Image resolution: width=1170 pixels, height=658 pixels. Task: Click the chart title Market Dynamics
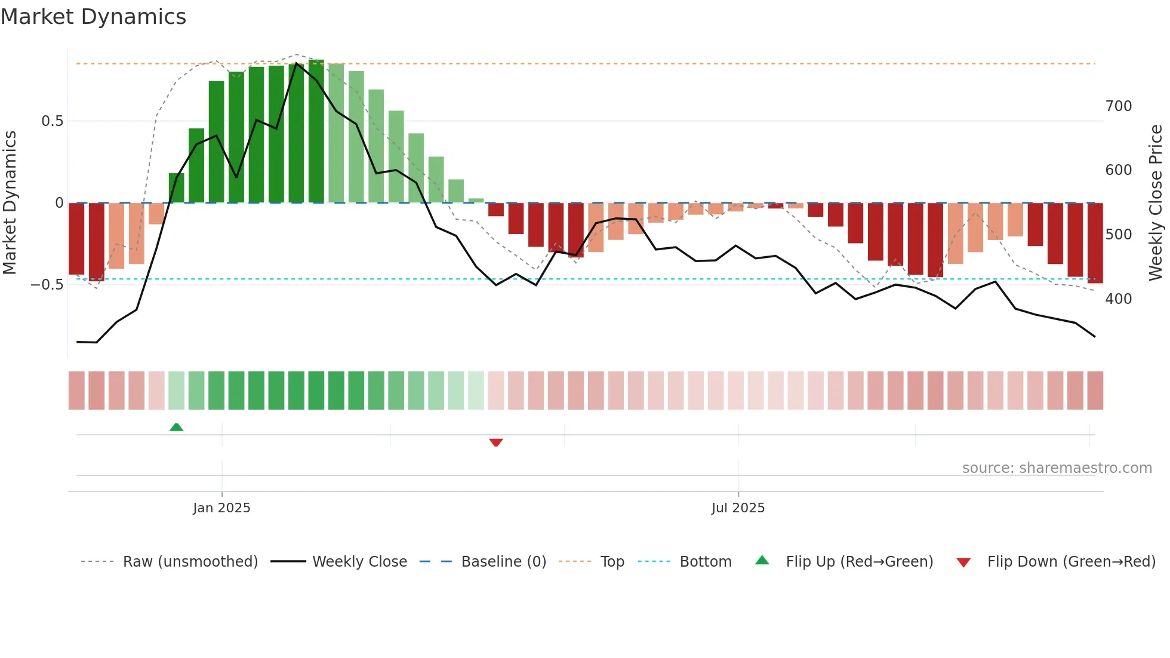[93, 17]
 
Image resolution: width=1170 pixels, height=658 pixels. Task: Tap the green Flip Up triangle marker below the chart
[176, 427]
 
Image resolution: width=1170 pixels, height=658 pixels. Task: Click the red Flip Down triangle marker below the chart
[496, 442]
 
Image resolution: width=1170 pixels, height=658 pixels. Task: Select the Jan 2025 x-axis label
[221, 508]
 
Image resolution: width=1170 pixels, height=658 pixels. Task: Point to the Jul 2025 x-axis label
[738, 508]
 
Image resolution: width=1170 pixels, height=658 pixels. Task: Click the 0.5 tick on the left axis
[52, 121]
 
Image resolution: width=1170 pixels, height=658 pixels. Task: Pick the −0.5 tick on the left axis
[47, 285]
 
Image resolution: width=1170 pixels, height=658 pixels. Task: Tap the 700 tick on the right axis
[1118, 106]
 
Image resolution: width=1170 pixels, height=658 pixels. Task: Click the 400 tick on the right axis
[1118, 299]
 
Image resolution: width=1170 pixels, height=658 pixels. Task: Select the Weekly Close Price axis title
[1156, 203]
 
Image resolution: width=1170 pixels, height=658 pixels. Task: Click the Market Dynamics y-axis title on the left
[10, 203]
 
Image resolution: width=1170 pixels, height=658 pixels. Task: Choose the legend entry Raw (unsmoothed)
[190, 562]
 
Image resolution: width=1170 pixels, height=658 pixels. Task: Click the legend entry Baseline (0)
[503, 562]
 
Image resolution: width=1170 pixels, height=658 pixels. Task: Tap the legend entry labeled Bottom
[705, 562]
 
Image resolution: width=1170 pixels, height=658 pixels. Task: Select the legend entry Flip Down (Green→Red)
[1071, 562]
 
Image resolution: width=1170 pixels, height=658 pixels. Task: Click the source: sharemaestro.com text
[1057, 468]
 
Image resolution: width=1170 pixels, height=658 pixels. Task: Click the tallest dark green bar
[316, 131]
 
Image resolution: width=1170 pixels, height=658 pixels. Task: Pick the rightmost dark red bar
[1095, 243]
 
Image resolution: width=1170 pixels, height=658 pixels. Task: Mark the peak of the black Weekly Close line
[297, 63]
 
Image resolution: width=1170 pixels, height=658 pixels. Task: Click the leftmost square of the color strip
[76, 391]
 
